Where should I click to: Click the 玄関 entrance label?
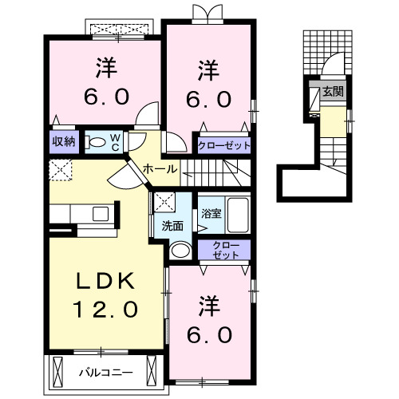333,92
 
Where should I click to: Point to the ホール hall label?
160,169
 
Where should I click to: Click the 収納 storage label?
65,142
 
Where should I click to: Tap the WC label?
115,143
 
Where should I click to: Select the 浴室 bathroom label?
211,214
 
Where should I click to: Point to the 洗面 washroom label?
173,225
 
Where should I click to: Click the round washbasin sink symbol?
181,251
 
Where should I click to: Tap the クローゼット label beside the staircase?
224,145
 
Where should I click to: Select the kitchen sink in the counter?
101,214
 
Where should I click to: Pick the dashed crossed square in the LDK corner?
61,169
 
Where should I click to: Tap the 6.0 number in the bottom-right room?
209,333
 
